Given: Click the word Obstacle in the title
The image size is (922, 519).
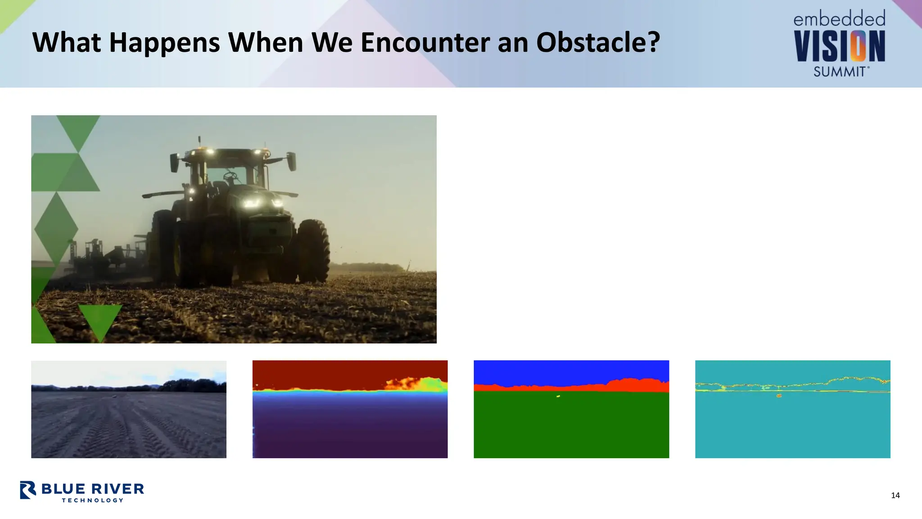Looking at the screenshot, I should (x=597, y=42).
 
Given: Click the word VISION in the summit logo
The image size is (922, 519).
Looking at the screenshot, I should (x=839, y=46).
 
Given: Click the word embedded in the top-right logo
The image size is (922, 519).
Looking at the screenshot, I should (x=839, y=19).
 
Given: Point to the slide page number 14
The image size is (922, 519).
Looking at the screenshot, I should (x=895, y=496).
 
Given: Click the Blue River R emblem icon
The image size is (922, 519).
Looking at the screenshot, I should (x=28, y=490).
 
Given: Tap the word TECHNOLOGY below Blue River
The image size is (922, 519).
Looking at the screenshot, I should (x=92, y=500).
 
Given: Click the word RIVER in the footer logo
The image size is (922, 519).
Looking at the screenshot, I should (x=118, y=489).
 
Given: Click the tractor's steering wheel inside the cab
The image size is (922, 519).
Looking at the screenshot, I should (x=230, y=175).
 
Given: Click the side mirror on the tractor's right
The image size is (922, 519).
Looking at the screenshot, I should (x=291, y=161).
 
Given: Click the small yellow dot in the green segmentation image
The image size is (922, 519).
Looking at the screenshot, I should (x=558, y=396).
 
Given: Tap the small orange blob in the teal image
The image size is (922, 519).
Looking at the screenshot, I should (x=779, y=396).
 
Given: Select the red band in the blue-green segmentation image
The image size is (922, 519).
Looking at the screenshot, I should (x=630, y=386).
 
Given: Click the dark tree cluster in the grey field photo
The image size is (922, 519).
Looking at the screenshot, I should (x=194, y=386).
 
